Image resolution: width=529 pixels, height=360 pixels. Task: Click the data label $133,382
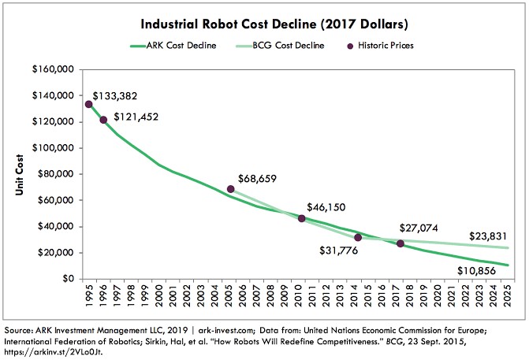[x=117, y=95]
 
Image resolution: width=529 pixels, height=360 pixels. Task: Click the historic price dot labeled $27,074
[x=400, y=243]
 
